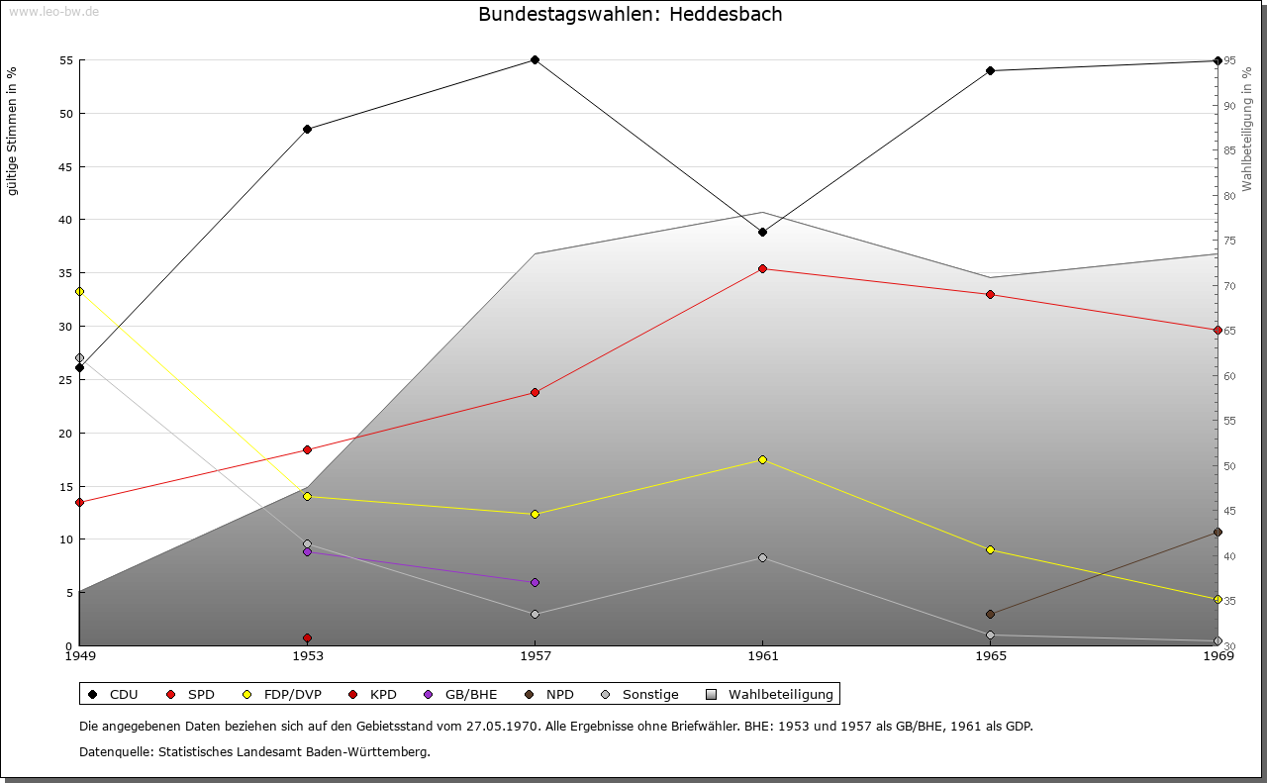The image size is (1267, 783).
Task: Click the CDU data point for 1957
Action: (536, 60)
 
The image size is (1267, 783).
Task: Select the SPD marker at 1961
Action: (762, 268)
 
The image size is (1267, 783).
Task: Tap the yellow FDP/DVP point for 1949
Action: (80, 291)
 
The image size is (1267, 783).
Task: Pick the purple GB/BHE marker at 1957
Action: (536, 582)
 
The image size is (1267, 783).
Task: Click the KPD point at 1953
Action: (307, 638)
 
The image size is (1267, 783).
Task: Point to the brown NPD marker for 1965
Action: (991, 614)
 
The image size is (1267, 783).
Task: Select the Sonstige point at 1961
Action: (762, 558)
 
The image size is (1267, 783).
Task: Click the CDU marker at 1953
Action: (307, 129)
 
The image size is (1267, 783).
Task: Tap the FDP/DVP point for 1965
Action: (991, 550)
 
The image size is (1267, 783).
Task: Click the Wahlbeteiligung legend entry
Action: (770, 694)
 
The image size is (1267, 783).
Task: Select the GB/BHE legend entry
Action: (460, 694)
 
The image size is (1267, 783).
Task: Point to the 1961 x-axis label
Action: (763, 656)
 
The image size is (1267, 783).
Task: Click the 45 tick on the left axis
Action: (66, 167)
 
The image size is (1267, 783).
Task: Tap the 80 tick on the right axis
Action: (1229, 196)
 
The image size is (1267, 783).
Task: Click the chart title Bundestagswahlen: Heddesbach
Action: (631, 14)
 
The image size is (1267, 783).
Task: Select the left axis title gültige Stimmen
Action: (12, 132)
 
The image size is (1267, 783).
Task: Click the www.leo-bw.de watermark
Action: (53, 11)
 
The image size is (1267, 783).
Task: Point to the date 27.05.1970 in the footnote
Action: (502, 726)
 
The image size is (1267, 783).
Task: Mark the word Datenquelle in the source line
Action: (117, 752)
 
